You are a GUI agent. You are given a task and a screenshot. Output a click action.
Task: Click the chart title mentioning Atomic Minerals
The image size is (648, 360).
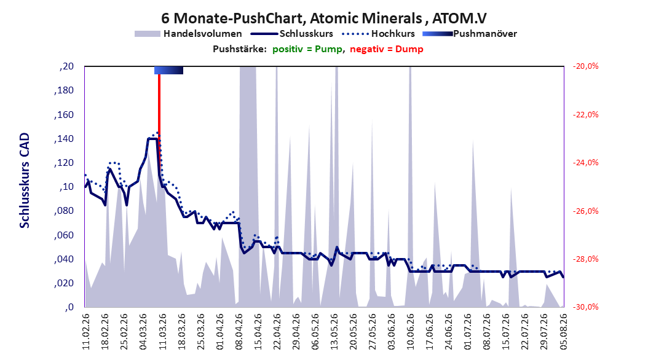pyautogui.click(x=323, y=18)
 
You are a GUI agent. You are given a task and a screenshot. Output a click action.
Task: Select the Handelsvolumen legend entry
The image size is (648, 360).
pyautogui.click(x=188, y=34)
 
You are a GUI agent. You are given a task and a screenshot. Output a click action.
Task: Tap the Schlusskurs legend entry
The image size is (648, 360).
pyautogui.click(x=292, y=34)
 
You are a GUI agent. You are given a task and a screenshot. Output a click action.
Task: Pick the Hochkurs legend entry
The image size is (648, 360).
pyautogui.click(x=378, y=34)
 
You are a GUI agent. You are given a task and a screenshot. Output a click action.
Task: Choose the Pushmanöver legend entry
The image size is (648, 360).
pyautogui.click(x=470, y=34)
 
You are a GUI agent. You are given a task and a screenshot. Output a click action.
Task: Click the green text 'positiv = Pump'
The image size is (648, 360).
pyautogui.click(x=307, y=49)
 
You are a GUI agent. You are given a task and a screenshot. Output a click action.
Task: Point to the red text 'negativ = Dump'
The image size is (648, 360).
pyautogui.click(x=387, y=49)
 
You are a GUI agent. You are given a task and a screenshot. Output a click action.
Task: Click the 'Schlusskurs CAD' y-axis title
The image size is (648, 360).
pyautogui.click(x=25, y=181)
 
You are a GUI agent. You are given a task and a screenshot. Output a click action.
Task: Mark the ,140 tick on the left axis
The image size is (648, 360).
pyautogui.click(x=64, y=139)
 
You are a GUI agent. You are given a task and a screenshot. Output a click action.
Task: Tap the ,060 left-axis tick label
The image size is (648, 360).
pyautogui.click(x=64, y=235)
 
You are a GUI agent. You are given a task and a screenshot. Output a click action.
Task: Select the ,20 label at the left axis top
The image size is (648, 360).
pyautogui.click(x=66, y=66)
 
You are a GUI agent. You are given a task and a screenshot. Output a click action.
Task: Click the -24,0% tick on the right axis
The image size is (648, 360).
pyautogui.click(x=585, y=163)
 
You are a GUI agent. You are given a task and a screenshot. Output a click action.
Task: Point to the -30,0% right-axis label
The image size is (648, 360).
pyautogui.click(x=585, y=307)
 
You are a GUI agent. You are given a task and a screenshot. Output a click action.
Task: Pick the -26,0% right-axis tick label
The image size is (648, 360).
pyautogui.click(x=585, y=211)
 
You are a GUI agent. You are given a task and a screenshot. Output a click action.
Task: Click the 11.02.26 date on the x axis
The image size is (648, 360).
pyautogui.click(x=86, y=332)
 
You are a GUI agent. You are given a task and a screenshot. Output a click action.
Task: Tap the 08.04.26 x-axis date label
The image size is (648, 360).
pyautogui.click(x=239, y=332)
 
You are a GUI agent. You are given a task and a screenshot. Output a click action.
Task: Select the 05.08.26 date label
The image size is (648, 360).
pyautogui.click(x=563, y=332)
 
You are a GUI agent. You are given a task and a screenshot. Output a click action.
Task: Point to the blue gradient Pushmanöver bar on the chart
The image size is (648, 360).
pyautogui.click(x=168, y=70)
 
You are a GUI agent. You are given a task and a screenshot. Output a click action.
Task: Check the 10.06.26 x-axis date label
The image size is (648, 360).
pyautogui.click(x=410, y=332)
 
